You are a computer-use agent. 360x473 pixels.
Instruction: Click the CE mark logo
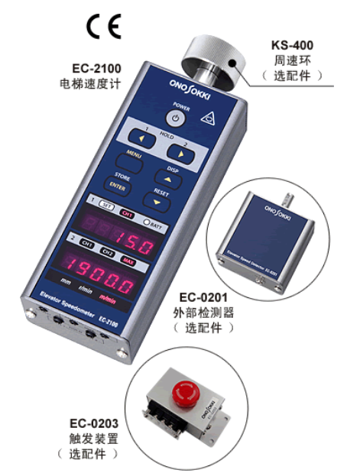(103, 28)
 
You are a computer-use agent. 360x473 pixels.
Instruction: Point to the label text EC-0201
(204, 298)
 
